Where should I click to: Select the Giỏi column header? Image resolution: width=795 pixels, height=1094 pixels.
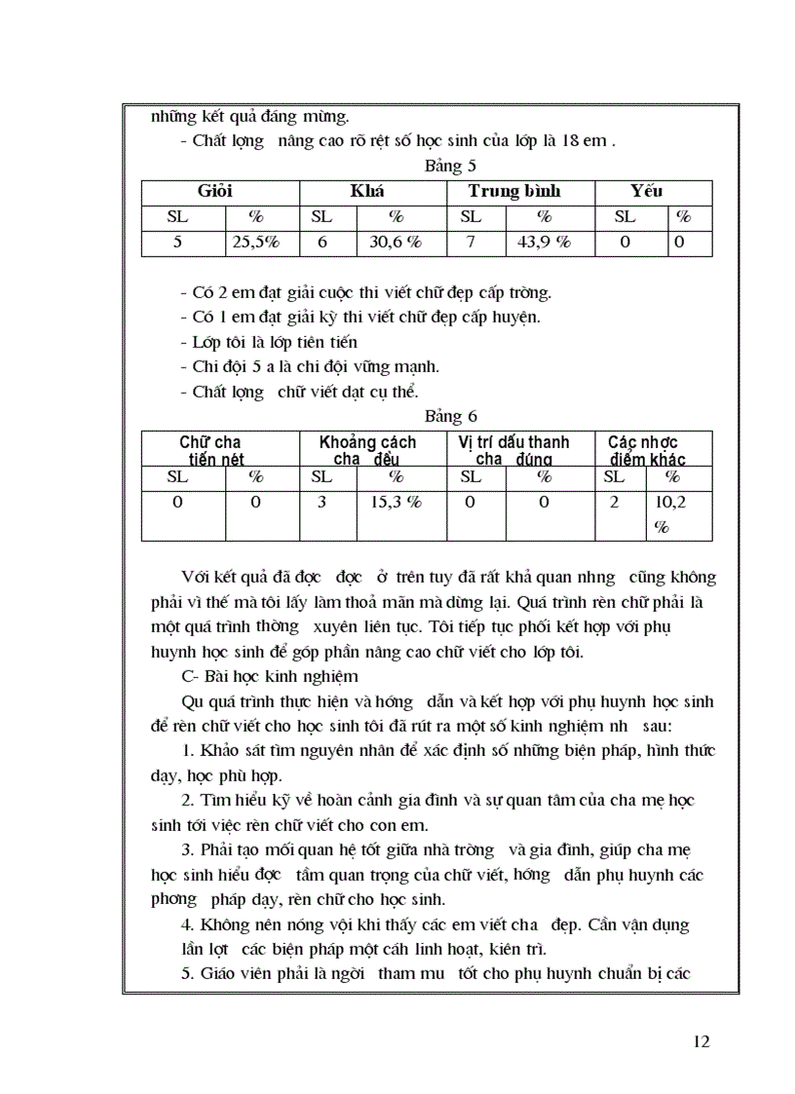pos(215,192)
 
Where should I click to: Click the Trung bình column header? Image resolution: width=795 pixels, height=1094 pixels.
pos(514,192)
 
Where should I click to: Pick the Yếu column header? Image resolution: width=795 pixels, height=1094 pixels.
pos(647,192)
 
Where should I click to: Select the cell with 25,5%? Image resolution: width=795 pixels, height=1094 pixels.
pos(255,243)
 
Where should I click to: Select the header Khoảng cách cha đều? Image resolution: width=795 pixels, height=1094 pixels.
pos(367,450)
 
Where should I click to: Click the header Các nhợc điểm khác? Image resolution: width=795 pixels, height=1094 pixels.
pos(648,450)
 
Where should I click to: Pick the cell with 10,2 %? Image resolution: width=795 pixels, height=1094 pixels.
pos(669,513)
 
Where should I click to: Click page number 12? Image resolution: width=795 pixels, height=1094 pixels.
pos(701,1041)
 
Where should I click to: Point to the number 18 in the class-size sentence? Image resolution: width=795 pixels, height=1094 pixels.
pos(568,140)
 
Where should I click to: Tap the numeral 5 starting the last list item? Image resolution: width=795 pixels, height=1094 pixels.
pos(186,972)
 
